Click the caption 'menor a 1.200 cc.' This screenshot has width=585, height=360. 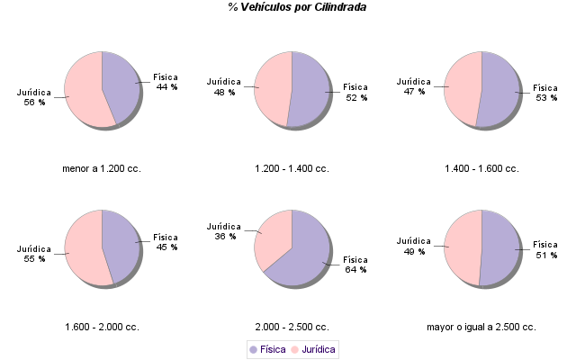coord(102,168)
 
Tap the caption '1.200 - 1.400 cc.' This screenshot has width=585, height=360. coord(292,168)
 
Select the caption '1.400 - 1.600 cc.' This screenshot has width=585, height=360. coord(481,168)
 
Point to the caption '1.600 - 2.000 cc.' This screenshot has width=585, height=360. coord(102,327)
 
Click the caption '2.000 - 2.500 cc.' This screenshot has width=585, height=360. coord(292,327)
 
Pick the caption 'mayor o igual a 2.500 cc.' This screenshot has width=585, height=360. coord(481,327)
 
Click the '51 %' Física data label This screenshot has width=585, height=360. coord(546,256)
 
